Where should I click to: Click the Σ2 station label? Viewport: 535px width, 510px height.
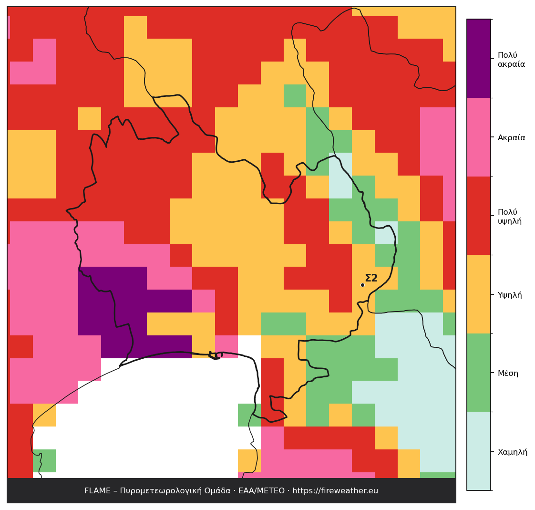(371, 278)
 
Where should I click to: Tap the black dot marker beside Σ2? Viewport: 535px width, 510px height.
(362, 285)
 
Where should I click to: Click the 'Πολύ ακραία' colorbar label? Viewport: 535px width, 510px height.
(511, 60)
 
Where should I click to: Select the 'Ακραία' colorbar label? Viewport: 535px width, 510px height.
(512, 137)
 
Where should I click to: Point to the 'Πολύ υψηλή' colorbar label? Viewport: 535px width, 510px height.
(510, 217)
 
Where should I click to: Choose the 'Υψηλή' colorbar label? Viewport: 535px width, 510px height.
(510, 295)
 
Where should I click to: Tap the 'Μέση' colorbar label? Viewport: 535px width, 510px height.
(508, 373)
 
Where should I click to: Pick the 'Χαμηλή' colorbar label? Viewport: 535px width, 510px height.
(513, 452)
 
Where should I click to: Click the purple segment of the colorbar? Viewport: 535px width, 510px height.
(479, 58)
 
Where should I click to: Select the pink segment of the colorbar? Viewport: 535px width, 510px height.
(479, 137)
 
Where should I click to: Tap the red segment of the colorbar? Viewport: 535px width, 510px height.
(479, 215)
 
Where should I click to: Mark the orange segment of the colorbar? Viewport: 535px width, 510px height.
(479, 294)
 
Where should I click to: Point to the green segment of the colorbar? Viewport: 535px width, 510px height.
(479, 373)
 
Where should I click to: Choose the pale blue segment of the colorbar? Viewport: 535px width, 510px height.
(479, 451)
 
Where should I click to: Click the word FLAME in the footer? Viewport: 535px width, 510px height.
(98, 490)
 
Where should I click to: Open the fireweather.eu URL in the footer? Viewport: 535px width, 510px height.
(335, 490)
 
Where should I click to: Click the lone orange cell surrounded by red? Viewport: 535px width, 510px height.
(90, 118)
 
